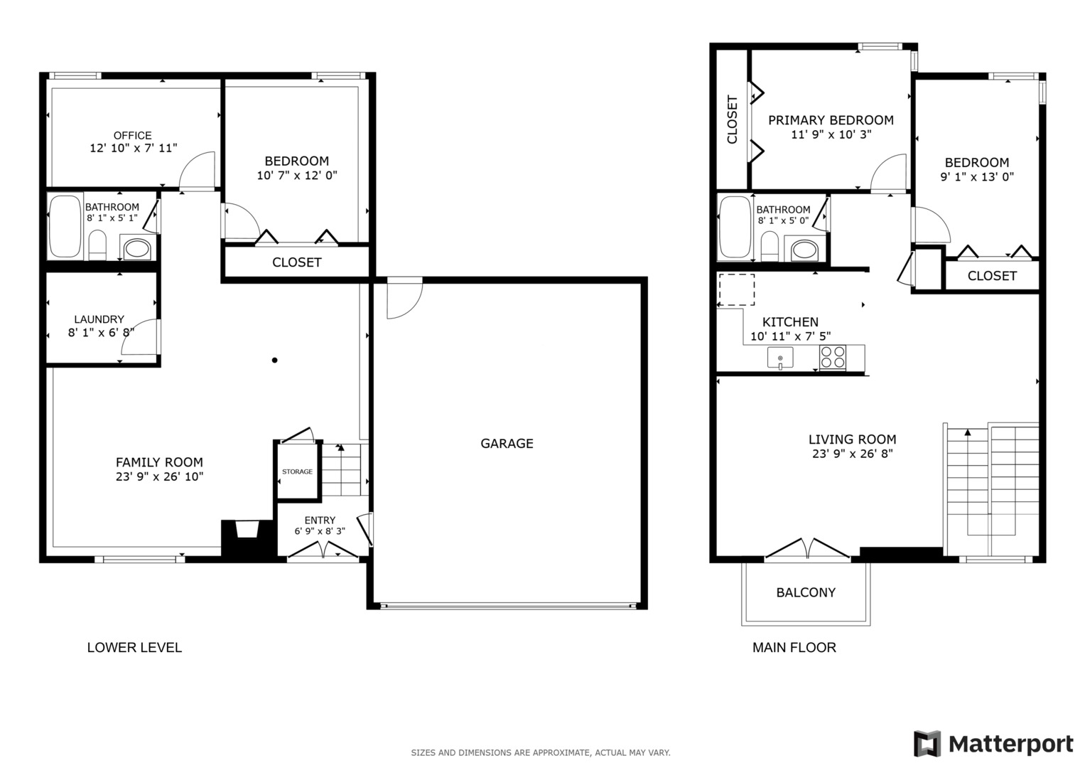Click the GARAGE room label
tap(507, 444)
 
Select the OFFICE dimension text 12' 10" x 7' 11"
tap(133, 148)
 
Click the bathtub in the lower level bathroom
tap(65, 227)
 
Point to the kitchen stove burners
tap(832, 357)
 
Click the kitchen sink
tap(780, 358)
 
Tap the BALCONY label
tap(805, 592)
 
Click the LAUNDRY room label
tap(99, 319)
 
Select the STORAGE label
tap(297, 471)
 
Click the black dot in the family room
tap(274, 360)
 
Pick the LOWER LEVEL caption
tap(134, 647)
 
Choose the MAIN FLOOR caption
tap(794, 647)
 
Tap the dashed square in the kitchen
tap(736, 289)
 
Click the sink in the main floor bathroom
tap(804, 250)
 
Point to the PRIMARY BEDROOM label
tap(831, 120)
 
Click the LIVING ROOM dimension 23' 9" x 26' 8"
tap(852, 454)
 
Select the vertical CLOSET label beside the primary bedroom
tap(733, 119)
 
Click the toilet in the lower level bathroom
tap(97, 246)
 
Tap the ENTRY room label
tap(320, 521)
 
